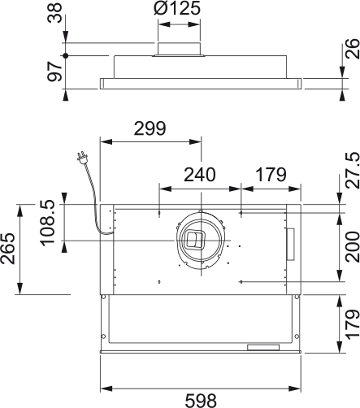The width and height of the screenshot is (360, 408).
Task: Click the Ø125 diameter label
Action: tap(176, 8)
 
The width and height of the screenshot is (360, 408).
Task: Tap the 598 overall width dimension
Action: tap(201, 401)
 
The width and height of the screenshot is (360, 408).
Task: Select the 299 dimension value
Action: tap(150, 128)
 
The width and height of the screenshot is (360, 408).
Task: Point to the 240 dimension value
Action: tap(200, 175)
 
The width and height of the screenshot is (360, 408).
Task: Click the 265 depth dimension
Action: tap(7, 249)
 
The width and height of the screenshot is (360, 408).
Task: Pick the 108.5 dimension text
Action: tap(48, 223)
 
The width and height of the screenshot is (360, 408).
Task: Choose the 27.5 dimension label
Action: tap(353, 170)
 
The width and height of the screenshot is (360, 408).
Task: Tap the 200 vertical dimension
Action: tap(353, 247)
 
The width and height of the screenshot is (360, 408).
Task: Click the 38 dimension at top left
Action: tap(54, 13)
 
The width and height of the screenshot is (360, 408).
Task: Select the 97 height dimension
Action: tap(54, 72)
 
